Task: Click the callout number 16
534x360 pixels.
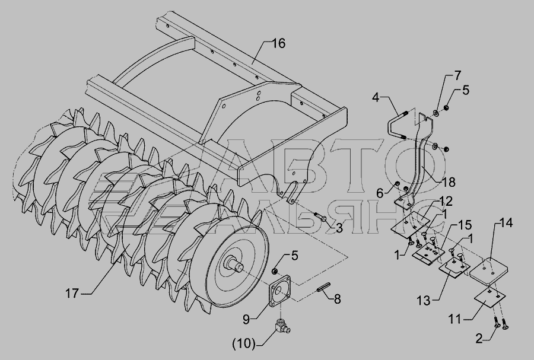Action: [x=279, y=43]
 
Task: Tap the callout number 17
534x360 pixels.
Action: [x=72, y=294]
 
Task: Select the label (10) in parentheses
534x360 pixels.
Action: [x=244, y=345]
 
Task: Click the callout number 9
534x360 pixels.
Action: [x=247, y=319]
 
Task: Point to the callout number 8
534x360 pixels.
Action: [x=337, y=300]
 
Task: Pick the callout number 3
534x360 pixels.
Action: [x=339, y=228]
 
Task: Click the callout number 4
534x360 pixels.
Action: [x=375, y=98]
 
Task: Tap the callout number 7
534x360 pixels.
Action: [x=457, y=75]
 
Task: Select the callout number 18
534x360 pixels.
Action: [x=450, y=183]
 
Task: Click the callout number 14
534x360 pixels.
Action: [x=507, y=223]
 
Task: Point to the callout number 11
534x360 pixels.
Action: [x=455, y=320]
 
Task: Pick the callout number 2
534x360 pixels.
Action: [x=479, y=339]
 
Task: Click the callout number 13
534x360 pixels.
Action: [x=423, y=301]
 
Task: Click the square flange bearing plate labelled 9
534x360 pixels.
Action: [x=280, y=292]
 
